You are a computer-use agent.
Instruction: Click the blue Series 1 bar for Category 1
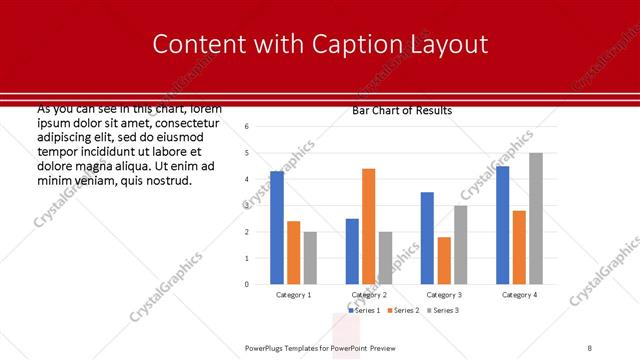(277, 228)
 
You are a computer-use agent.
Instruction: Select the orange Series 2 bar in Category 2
(368, 227)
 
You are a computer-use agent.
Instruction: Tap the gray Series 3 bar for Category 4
(536, 219)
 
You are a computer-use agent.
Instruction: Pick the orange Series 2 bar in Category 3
(443, 261)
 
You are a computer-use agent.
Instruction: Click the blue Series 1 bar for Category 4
(502, 225)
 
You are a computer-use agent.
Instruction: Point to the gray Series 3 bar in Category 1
(310, 258)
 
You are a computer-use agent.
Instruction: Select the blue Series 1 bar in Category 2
(352, 251)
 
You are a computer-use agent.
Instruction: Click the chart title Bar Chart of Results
(402, 110)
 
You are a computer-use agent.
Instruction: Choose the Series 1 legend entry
(364, 311)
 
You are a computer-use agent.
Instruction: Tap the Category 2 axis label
(369, 295)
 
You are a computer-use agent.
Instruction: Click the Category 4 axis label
(519, 295)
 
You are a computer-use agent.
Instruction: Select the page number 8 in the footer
(590, 347)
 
